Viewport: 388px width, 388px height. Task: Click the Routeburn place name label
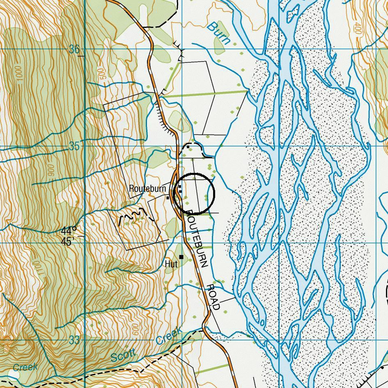tap(147, 189)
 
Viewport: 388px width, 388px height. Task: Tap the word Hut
tap(171, 264)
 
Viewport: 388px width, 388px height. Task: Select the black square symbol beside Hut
tap(181, 257)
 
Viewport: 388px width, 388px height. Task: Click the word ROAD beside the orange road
tap(214, 296)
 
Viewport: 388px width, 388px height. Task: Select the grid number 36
tap(74, 50)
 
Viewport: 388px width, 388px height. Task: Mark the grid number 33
tap(74, 340)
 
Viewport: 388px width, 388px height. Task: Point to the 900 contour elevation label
tap(51, 172)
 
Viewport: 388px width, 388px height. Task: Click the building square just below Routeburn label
tap(168, 197)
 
